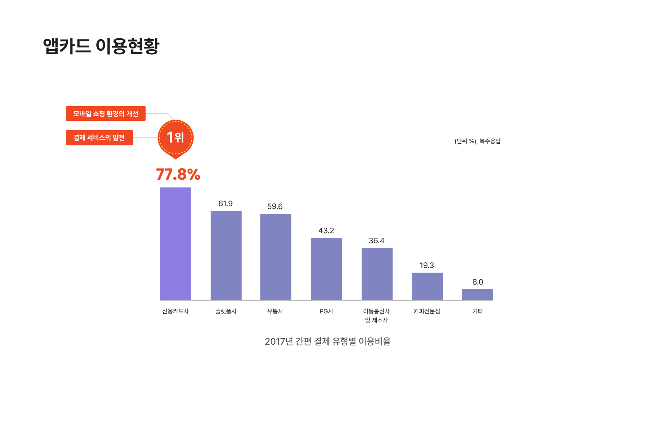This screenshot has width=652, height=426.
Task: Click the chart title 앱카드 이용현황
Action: click(x=101, y=46)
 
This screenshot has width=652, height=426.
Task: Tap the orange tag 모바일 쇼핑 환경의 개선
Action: click(x=106, y=113)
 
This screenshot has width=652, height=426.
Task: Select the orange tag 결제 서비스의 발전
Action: click(x=99, y=137)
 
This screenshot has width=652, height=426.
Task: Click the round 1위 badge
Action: click(x=175, y=137)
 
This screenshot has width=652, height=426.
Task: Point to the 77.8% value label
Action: click(x=178, y=174)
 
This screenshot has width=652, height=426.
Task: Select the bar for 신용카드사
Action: click(x=176, y=244)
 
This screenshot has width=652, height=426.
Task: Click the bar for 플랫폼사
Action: click(x=226, y=255)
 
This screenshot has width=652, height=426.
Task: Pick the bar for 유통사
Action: click(x=276, y=257)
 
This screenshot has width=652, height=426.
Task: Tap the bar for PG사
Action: click(x=327, y=269)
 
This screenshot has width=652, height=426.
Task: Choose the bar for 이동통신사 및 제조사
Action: click(x=377, y=274)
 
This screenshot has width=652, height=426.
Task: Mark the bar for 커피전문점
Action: click(x=427, y=286)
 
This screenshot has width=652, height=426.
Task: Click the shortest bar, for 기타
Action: click(x=478, y=294)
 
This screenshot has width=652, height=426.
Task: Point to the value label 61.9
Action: click(x=225, y=204)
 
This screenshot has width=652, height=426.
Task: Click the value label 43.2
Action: click(x=326, y=231)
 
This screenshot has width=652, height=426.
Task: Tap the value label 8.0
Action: click(x=478, y=282)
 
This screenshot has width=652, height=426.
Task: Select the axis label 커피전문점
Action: click(x=427, y=311)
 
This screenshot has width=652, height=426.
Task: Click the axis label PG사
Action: click(x=326, y=311)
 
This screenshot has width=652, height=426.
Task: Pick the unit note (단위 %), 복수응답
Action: click(x=477, y=141)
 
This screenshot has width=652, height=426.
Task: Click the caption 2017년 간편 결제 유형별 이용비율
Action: click(x=328, y=341)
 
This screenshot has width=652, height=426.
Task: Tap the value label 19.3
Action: click(x=427, y=265)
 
